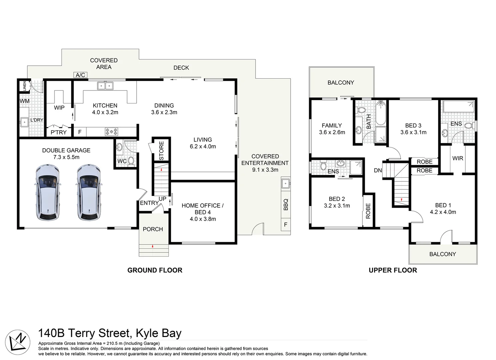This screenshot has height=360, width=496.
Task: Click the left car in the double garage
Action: pos(47,192)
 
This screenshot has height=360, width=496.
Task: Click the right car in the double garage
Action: pos(89,192)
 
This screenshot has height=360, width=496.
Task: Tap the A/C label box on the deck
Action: pos(80,75)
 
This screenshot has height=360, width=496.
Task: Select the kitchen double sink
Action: pos(105,86)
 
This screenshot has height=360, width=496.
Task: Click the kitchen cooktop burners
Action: pos(111,132)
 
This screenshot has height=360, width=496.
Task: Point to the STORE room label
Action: pos(162,151)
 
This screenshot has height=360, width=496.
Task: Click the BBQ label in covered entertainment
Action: pos(285,204)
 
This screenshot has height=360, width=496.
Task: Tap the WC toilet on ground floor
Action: pos(131,161)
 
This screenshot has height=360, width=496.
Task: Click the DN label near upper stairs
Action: pos(378,170)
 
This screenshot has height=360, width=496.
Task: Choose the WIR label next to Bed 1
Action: pos(458,158)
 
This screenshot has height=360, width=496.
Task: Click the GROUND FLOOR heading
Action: pos(155,270)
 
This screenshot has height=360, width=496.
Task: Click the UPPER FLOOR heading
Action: pos(393,270)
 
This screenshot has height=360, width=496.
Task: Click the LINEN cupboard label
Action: pos(24,86)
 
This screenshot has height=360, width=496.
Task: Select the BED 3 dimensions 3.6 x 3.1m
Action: pos(413,132)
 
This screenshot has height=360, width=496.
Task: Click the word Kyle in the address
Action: pos(148,333)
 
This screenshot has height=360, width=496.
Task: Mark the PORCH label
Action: pos(153,229)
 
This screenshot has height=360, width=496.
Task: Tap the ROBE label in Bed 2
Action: pos(368,211)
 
